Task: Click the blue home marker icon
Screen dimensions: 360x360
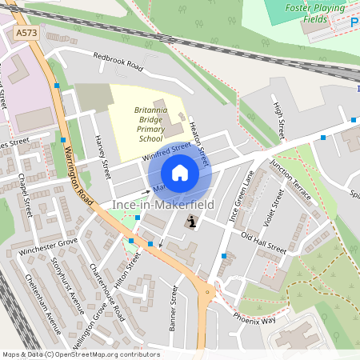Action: tap(180, 172)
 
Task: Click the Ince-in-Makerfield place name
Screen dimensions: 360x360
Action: tap(158, 206)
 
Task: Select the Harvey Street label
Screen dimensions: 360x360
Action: tap(102, 157)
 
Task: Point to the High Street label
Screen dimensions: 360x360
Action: tap(280, 117)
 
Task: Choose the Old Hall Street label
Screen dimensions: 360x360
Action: tap(263, 243)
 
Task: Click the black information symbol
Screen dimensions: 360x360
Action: tap(190, 222)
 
